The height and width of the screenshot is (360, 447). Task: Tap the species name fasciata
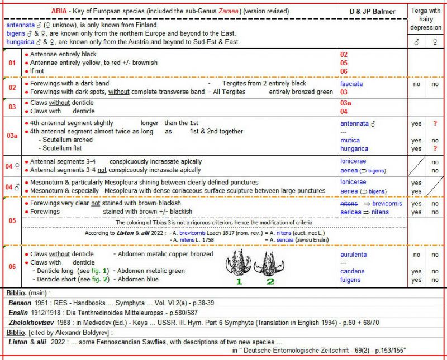coord(351,84)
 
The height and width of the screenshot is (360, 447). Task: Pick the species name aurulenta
coord(354,254)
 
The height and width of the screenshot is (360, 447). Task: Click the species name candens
coord(352,271)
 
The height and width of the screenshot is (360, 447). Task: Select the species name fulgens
coord(350,280)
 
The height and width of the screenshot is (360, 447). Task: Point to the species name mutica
coord(350,141)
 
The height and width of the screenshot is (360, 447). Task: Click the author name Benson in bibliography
coord(20,302)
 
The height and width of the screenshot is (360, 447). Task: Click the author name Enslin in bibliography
coord(18,312)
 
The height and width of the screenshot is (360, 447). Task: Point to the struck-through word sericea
coord(350,212)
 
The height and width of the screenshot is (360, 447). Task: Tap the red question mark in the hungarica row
coord(435,149)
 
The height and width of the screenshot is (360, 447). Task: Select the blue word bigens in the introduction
coord(17,33)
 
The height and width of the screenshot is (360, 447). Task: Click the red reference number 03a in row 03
coord(346,103)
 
